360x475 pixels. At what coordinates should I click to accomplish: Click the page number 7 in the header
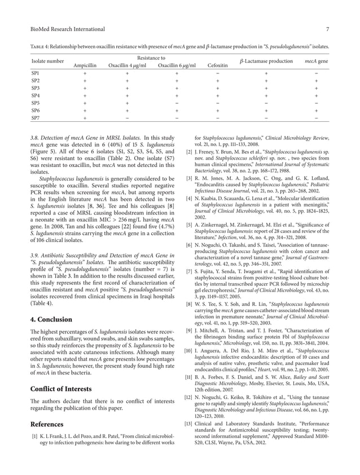pos(328,29)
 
